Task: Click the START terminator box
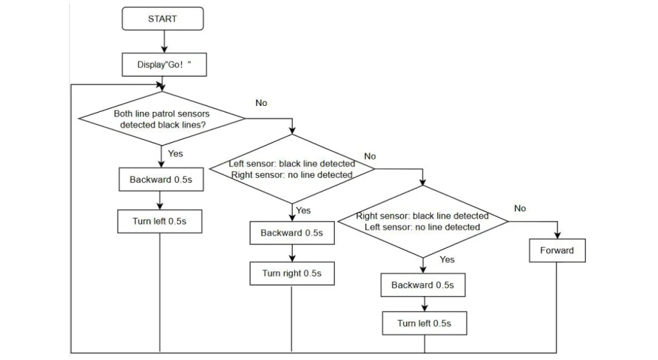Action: coord(163,18)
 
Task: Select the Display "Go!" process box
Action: coord(164,64)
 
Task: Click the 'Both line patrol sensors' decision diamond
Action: coord(162,118)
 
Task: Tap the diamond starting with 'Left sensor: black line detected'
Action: coord(292,169)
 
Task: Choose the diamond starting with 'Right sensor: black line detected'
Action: coord(422,222)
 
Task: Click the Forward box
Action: coord(557,251)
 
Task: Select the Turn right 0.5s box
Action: coord(292,274)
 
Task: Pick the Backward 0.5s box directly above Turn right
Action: coord(292,233)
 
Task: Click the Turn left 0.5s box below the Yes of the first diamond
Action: coord(159,221)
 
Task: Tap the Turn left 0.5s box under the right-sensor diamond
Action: coord(424,323)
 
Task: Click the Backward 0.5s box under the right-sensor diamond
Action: coord(423,286)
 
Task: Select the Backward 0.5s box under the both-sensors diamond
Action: coord(161,180)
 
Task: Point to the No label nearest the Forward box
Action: coord(520,208)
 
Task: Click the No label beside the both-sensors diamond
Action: coord(261,103)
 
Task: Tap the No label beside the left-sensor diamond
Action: coord(370,156)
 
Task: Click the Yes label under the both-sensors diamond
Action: coord(176,153)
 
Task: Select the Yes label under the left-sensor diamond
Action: coord(303,210)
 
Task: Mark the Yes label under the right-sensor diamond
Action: coord(447,259)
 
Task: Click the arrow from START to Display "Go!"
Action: coord(164,41)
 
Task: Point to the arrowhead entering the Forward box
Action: coord(557,236)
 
